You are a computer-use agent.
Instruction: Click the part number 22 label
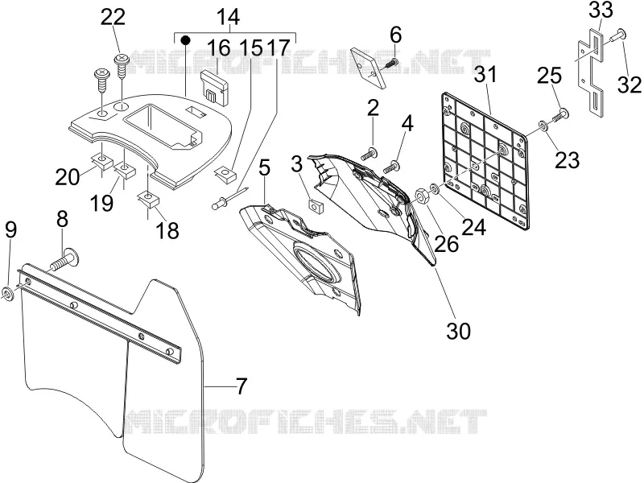[x=113, y=17]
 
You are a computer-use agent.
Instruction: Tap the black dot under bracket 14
[x=186, y=40]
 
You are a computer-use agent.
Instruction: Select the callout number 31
[x=485, y=75]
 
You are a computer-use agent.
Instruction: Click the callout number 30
[x=458, y=331]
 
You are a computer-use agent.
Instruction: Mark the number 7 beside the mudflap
[x=241, y=386]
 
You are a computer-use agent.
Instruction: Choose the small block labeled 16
[x=214, y=86]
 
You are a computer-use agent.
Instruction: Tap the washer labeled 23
[x=543, y=126]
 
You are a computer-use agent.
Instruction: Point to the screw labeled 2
[x=370, y=154]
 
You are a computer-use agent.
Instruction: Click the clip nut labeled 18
[x=148, y=199]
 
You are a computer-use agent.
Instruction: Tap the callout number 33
[x=601, y=10]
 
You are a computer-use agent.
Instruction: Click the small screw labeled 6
[x=391, y=64]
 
